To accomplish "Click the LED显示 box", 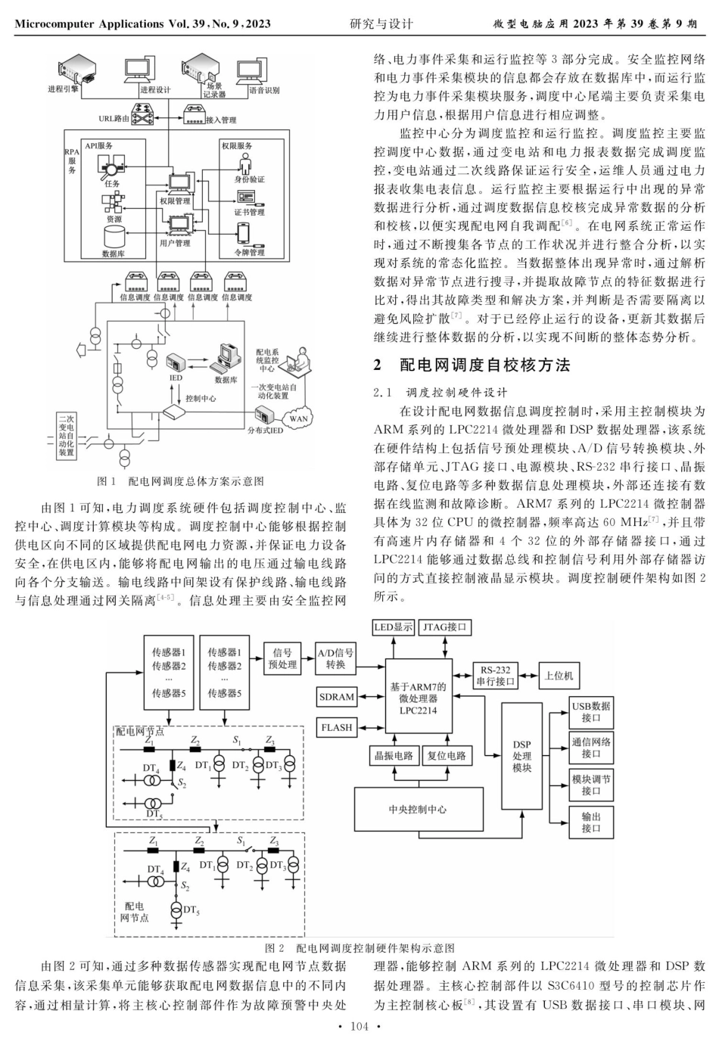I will (x=394, y=627).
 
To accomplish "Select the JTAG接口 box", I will (x=445, y=627).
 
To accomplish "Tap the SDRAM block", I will (x=337, y=697).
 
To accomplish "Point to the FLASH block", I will (x=337, y=728).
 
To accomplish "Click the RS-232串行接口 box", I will (x=496, y=676).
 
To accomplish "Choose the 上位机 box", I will (x=559, y=676).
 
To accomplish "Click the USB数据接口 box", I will (x=591, y=711).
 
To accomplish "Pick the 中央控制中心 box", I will (x=418, y=809).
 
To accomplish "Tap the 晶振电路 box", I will (x=394, y=756).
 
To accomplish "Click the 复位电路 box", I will (x=446, y=756).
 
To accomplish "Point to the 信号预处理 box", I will (x=282, y=658).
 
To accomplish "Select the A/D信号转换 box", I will (x=335, y=658).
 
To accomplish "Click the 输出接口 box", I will (x=591, y=823).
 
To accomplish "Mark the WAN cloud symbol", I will (x=300, y=418).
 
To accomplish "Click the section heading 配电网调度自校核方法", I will (x=484, y=365).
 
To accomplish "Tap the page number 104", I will (x=359, y=1026).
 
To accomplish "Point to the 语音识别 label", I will (x=264, y=90).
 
